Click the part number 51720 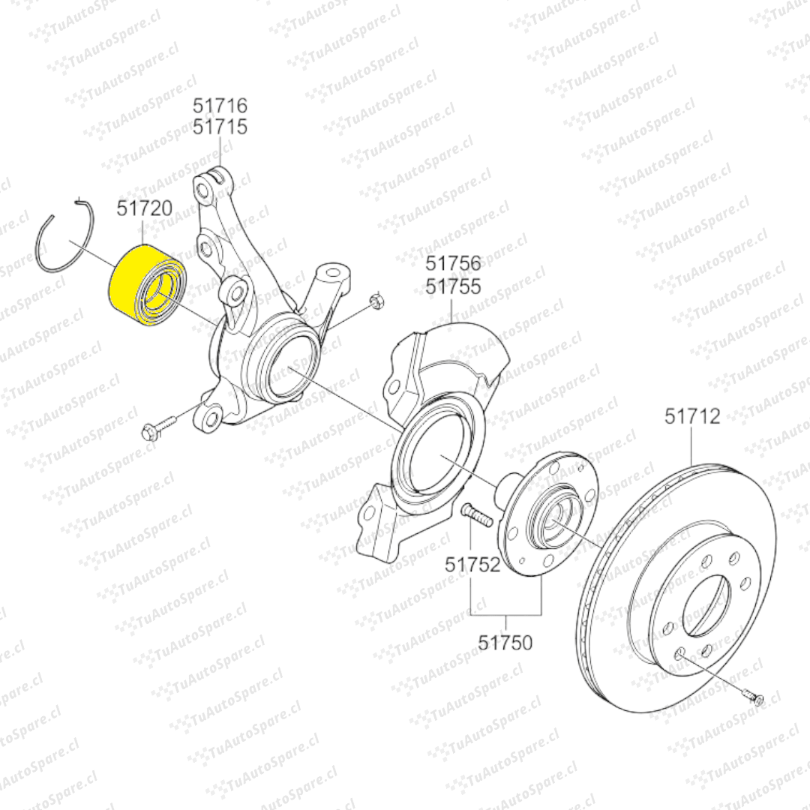pos(145,208)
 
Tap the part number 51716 pos(220,106)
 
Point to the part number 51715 pos(220,127)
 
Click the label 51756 pos(454,264)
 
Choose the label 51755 pos(454,286)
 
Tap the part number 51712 pos(692,416)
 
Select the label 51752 pos(472,564)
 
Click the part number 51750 pos(505,643)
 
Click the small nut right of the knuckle pos(377,302)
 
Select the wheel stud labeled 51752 pos(474,514)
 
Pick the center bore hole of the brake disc pos(705,604)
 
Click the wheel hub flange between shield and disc pos(547,517)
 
